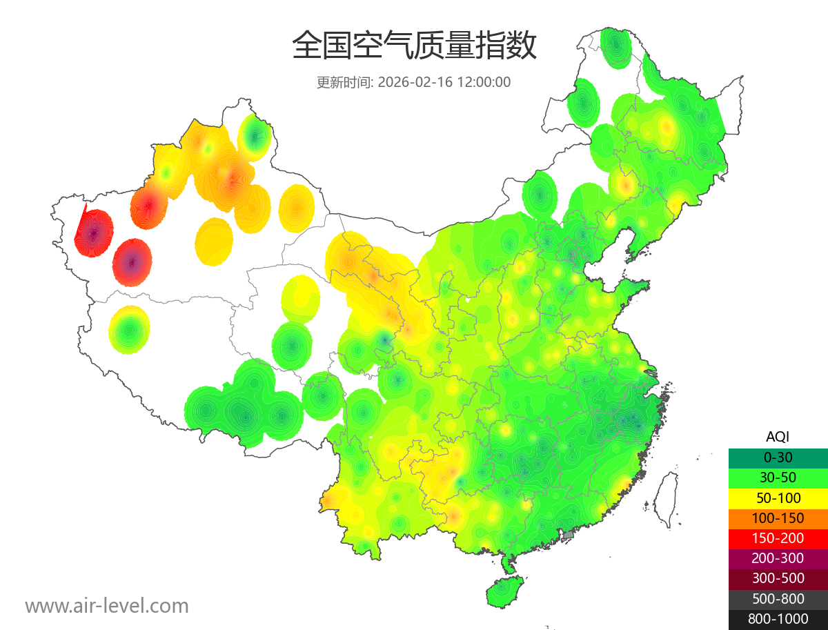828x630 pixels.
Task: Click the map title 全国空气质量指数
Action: click(x=414, y=46)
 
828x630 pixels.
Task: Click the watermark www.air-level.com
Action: click(x=107, y=606)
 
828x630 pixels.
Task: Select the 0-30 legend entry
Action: click(x=778, y=457)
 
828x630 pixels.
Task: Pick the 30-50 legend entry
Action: click(x=778, y=478)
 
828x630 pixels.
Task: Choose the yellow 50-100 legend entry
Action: click(x=778, y=498)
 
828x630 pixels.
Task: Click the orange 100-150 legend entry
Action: click(x=778, y=518)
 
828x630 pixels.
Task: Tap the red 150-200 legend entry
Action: click(x=778, y=538)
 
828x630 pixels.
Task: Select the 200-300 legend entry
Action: click(x=778, y=558)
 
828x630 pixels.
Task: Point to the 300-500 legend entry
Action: click(x=778, y=578)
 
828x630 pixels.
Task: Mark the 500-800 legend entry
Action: click(x=778, y=599)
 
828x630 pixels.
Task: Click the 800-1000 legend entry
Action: click(x=778, y=619)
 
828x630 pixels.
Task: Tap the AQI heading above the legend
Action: click(x=778, y=437)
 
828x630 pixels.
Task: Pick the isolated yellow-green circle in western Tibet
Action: click(x=129, y=330)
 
